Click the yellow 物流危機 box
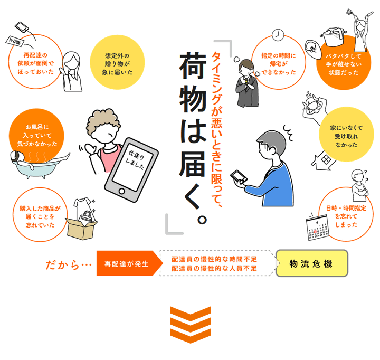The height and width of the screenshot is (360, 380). coord(312,263)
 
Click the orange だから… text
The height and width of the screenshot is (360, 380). coord(69,265)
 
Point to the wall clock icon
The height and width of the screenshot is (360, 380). coord(278,35)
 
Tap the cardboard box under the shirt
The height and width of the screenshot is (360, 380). coord(81,229)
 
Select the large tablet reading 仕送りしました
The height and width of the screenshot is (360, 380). coord(131,169)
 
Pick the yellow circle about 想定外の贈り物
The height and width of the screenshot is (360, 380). coord(117,62)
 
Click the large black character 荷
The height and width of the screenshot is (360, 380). coord(193,65)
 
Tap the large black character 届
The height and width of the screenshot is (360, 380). coord(193,164)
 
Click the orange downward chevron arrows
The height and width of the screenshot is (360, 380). coord(191,325)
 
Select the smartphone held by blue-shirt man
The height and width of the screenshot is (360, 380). coord(239,177)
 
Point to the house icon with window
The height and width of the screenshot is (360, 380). coord(324,160)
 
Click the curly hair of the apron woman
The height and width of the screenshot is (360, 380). coord(103,122)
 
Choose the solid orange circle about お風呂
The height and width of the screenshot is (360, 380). coord(36,136)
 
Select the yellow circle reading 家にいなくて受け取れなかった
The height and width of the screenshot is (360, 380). coord(346,135)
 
